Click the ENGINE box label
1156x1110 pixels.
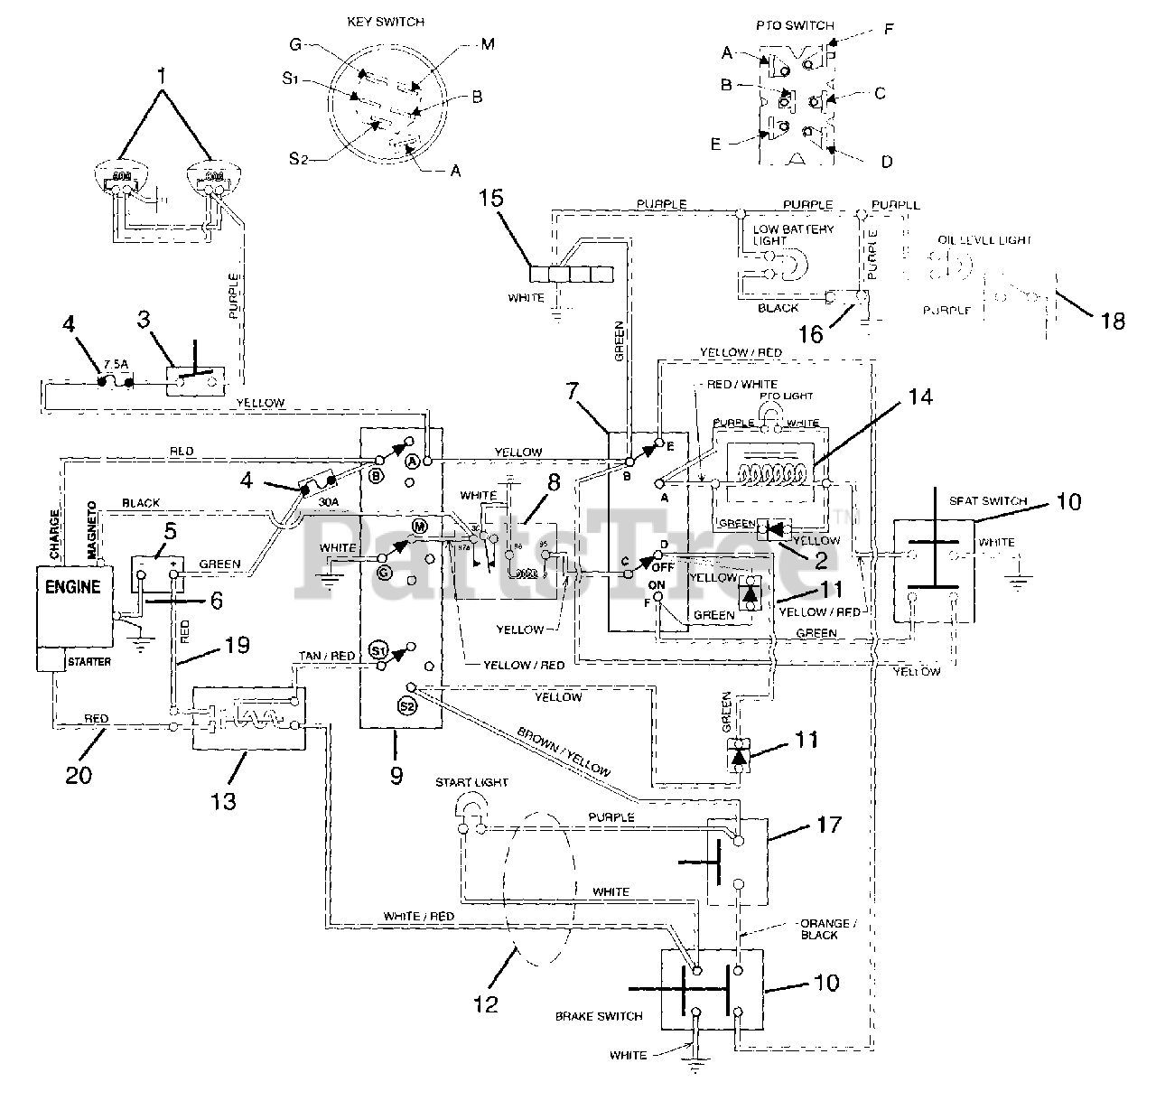pyautogui.click(x=72, y=588)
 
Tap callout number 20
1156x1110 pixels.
pyautogui.click(x=78, y=774)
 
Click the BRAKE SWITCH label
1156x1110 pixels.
pyautogui.click(x=599, y=1016)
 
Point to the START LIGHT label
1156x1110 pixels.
pyautogui.click(x=471, y=782)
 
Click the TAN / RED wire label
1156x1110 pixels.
pyautogui.click(x=326, y=657)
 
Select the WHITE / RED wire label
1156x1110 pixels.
pyautogui.click(x=418, y=916)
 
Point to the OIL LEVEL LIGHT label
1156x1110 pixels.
pyautogui.click(x=984, y=241)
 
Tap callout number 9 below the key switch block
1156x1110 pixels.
pyautogui.click(x=396, y=775)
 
